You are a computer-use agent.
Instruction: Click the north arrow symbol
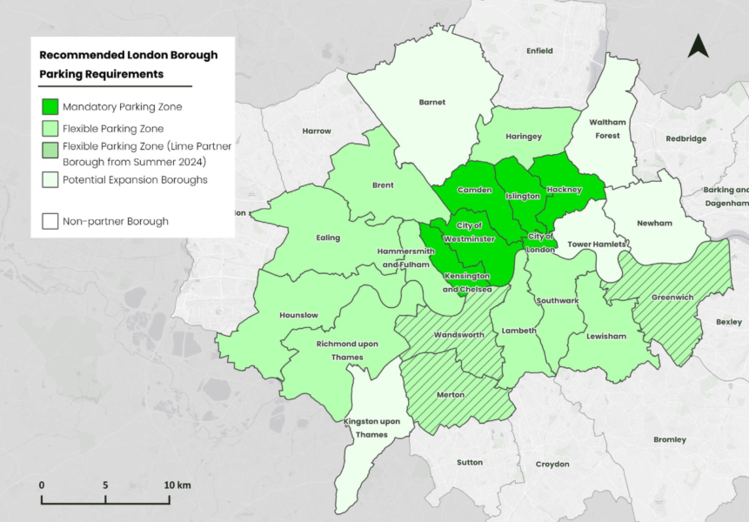coord(698,46)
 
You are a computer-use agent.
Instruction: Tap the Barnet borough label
coord(432,102)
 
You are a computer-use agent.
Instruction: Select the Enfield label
coord(539,51)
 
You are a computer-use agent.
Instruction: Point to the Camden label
coord(475,190)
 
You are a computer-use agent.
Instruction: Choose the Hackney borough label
coord(564,190)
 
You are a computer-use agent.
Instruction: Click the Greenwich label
coord(672,298)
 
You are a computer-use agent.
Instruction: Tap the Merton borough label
coord(451,395)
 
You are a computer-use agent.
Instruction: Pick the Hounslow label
coord(298,315)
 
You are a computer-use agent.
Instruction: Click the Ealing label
coord(328,238)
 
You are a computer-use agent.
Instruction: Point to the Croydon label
coord(552,464)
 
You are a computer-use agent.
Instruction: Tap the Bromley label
coord(669,439)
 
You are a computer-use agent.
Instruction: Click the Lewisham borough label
coord(601,336)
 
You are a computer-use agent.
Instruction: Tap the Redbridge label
coord(686,138)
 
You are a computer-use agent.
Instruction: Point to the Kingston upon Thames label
coord(371,428)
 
